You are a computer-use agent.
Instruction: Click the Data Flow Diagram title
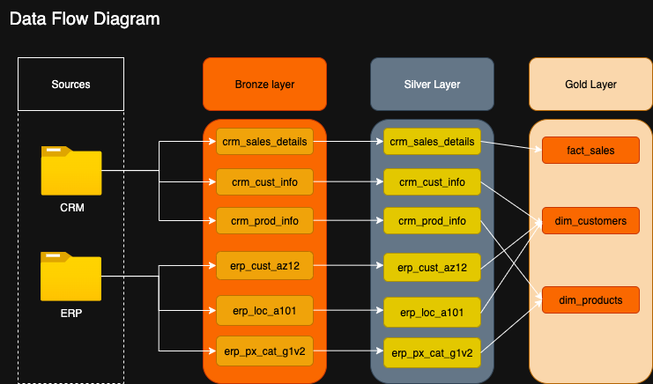click(x=85, y=18)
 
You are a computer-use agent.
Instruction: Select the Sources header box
click(x=70, y=85)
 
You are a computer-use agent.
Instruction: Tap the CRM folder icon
click(x=71, y=172)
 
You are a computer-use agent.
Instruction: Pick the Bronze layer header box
click(x=264, y=85)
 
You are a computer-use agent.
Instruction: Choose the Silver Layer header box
click(x=431, y=85)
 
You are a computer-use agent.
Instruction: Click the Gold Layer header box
click(x=590, y=85)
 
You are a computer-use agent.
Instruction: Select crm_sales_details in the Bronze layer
click(x=264, y=141)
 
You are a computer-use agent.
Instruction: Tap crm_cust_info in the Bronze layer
click(x=264, y=183)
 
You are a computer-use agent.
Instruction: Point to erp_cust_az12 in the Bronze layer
click(x=264, y=264)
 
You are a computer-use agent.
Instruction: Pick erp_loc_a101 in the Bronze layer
click(x=264, y=310)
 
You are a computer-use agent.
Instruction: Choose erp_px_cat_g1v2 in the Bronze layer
click(x=264, y=351)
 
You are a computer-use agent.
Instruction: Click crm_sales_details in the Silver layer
click(x=432, y=141)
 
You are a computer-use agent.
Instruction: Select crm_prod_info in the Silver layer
click(x=432, y=220)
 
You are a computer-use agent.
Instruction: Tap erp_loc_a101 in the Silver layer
click(x=432, y=312)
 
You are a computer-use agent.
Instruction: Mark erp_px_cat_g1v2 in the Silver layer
click(x=432, y=353)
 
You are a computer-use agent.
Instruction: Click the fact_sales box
click(x=590, y=151)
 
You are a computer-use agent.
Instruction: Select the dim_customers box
click(x=590, y=220)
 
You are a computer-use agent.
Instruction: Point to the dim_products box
click(x=590, y=300)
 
